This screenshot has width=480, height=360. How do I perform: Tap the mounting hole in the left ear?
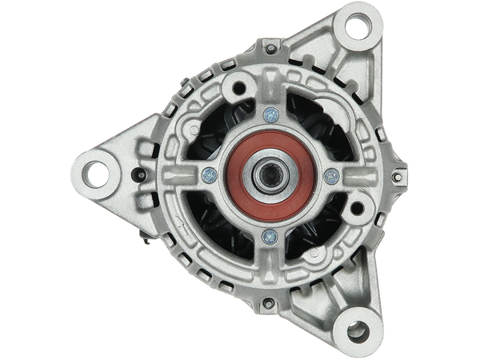point(98,170)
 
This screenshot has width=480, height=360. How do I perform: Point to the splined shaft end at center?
point(266,176)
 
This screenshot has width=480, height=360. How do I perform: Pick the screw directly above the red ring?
point(269,114)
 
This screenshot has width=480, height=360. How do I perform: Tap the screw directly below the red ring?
point(270,236)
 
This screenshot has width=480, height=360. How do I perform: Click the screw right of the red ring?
point(330,176)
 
